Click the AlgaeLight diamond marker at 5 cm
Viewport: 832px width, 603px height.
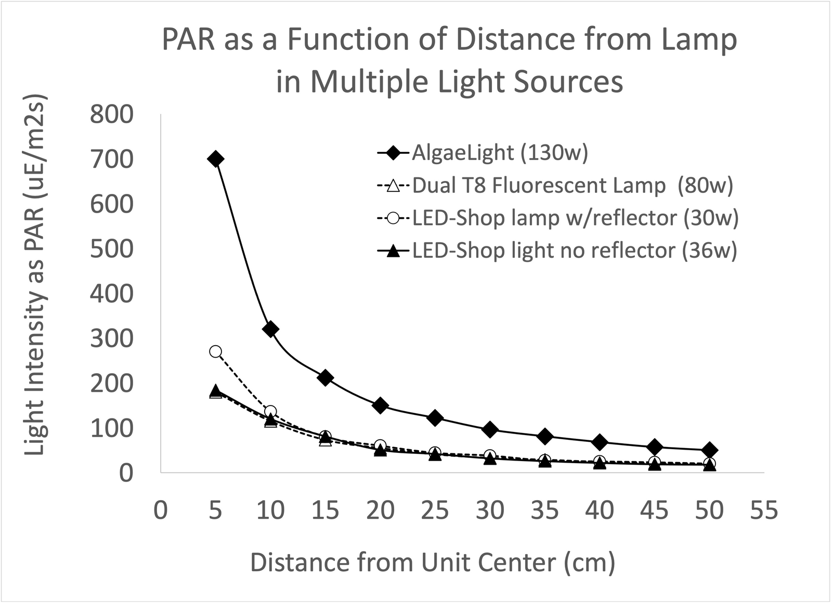[x=215, y=159]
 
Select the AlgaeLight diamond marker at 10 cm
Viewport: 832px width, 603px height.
[x=270, y=329]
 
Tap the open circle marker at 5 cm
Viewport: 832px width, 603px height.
[x=215, y=352]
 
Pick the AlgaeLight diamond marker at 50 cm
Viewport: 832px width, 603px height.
[x=709, y=450]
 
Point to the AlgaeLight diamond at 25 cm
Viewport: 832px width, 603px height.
[x=435, y=418]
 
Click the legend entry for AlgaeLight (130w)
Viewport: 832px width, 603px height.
[x=499, y=153]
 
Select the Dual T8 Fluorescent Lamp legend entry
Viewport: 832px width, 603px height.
[x=572, y=186]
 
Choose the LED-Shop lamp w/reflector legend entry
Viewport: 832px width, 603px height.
[x=575, y=218]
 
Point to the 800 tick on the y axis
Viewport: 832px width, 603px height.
[x=111, y=115]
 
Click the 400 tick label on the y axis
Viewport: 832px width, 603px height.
[x=111, y=294]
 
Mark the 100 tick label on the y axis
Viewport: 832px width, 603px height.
[x=111, y=428]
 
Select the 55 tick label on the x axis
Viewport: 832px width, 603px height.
[x=764, y=510]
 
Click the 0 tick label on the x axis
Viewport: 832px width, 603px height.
[x=161, y=510]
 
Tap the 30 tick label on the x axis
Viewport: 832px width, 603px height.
[x=490, y=510]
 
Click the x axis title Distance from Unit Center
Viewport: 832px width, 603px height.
[x=433, y=562]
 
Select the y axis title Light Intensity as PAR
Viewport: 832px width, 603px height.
[x=35, y=276]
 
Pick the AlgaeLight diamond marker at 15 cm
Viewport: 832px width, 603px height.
[x=326, y=378]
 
